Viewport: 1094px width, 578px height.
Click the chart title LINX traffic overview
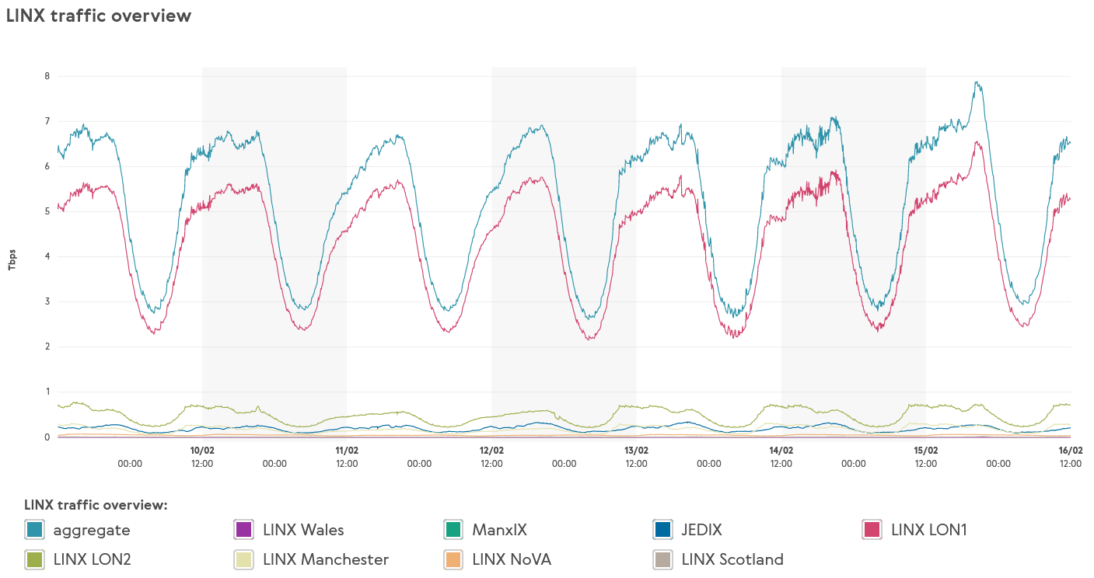pyautogui.click(x=99, y=16)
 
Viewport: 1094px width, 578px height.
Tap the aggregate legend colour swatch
pyautogui.click(x=34, y=530)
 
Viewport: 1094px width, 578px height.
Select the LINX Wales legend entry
pyautogui.click(x=303, y=530)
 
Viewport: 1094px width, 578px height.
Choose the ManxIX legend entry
pyautogui.click(x=499, y=530)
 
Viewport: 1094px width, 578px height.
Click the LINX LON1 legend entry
pyautogui.click(x=928, y=530)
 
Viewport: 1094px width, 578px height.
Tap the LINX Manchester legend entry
pyautogui.click(x=326, y=559)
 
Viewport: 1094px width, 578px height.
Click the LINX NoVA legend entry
pyautogui.click(x=511, y=559)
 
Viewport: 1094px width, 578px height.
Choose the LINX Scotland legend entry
pyautogui.click(x=732, y=559)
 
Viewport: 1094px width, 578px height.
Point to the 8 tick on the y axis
pyautogui.click(x=47, y=76)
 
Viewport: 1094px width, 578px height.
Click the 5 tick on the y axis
pyautogui.click(x=47, y=211)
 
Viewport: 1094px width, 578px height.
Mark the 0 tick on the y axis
pyautogui.click(x=47, y=437)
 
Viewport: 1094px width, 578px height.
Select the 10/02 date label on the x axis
pyautogui.click(x=202, y=450)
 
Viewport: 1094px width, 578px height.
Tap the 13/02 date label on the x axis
pyautogui.click(x=636, y=450)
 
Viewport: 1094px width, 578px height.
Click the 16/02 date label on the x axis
pyautogui.click(x=1071, y=450)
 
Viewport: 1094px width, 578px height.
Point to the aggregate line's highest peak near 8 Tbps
pyautogui.click(x=977, y=82)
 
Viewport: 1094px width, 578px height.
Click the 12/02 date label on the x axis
pyautogui.click(x=491, y=450)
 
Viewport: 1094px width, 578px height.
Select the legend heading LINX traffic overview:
pyautogui.click(x=96, y=505)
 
